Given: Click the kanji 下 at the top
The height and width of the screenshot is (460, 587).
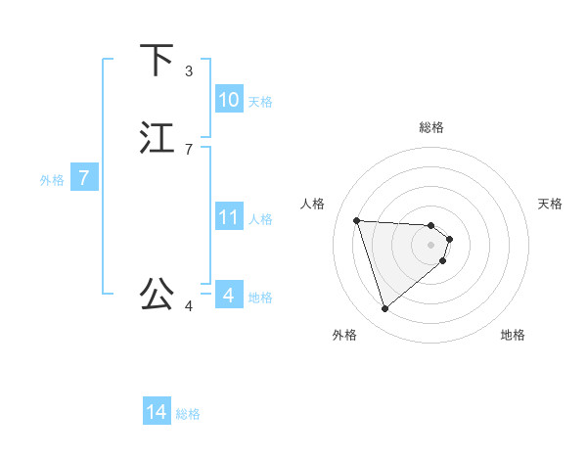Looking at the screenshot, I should pos(158,60).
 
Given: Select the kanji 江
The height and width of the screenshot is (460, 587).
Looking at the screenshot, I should pos(158,137).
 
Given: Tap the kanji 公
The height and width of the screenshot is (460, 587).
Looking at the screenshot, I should pos(158,293).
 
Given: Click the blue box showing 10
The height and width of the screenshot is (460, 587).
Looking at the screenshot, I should pos(229,100).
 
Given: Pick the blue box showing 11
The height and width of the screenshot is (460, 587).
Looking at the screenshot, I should pos(229,217).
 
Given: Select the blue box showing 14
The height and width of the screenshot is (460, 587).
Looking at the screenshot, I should pos(157,413).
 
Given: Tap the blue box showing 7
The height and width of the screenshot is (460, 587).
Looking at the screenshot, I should pos(84,179).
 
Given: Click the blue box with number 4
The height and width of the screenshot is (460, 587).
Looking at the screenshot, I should pos(229,295).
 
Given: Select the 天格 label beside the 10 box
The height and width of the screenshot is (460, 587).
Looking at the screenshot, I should pos(260,102).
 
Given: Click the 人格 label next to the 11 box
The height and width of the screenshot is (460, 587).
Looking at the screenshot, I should pos(260,219).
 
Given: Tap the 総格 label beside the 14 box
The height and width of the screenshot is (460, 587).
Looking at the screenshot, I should pos(188,415).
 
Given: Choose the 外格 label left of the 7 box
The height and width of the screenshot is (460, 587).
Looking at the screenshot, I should pos(52,180).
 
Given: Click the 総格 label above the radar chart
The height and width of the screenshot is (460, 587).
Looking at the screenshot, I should pos(431,127).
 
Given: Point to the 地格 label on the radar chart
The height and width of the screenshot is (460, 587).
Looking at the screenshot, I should pos(513,336).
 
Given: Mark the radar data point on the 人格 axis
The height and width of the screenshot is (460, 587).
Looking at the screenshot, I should pos(357,220).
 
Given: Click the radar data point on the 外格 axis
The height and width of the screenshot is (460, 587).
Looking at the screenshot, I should pos(385,309).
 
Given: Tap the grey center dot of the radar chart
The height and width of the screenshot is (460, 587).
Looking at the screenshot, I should pos(431,245).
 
